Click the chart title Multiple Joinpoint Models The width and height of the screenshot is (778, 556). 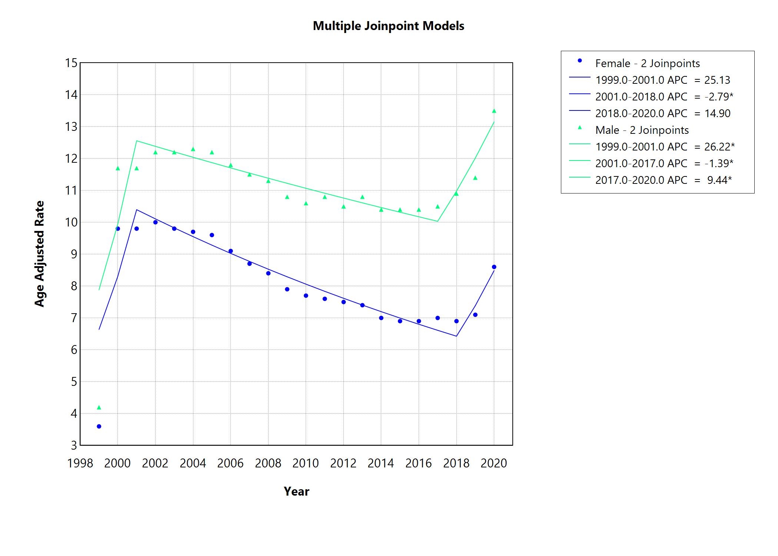pos(388,26)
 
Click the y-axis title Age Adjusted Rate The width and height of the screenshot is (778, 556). pos(39,254)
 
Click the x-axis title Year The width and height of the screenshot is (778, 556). pos(296,492)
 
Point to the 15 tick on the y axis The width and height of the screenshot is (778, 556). pos(71,63)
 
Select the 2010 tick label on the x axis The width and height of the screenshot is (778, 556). pos(306,463)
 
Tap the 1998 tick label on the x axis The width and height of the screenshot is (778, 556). pos(80,463)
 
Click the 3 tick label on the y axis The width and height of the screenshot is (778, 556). pos(74,445)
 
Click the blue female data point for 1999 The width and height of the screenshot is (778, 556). pos(99,426)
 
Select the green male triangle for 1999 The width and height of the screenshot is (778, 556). pos(99,408)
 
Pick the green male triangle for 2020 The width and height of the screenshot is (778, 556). pos(494,111)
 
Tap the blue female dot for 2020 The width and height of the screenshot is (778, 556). pos(494,267)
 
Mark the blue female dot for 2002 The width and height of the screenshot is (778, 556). pos(155,222)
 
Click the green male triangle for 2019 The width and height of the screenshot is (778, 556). pos(475,178)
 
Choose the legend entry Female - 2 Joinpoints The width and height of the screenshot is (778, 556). pos(648,63)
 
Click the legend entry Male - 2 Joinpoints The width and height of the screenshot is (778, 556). pos(642,130)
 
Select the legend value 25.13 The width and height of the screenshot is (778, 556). pos(717,80)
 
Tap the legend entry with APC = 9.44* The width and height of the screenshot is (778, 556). pos(663,180)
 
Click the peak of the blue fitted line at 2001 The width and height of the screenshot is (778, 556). pos(137,210)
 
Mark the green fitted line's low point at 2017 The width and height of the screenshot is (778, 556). pos(438,221)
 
